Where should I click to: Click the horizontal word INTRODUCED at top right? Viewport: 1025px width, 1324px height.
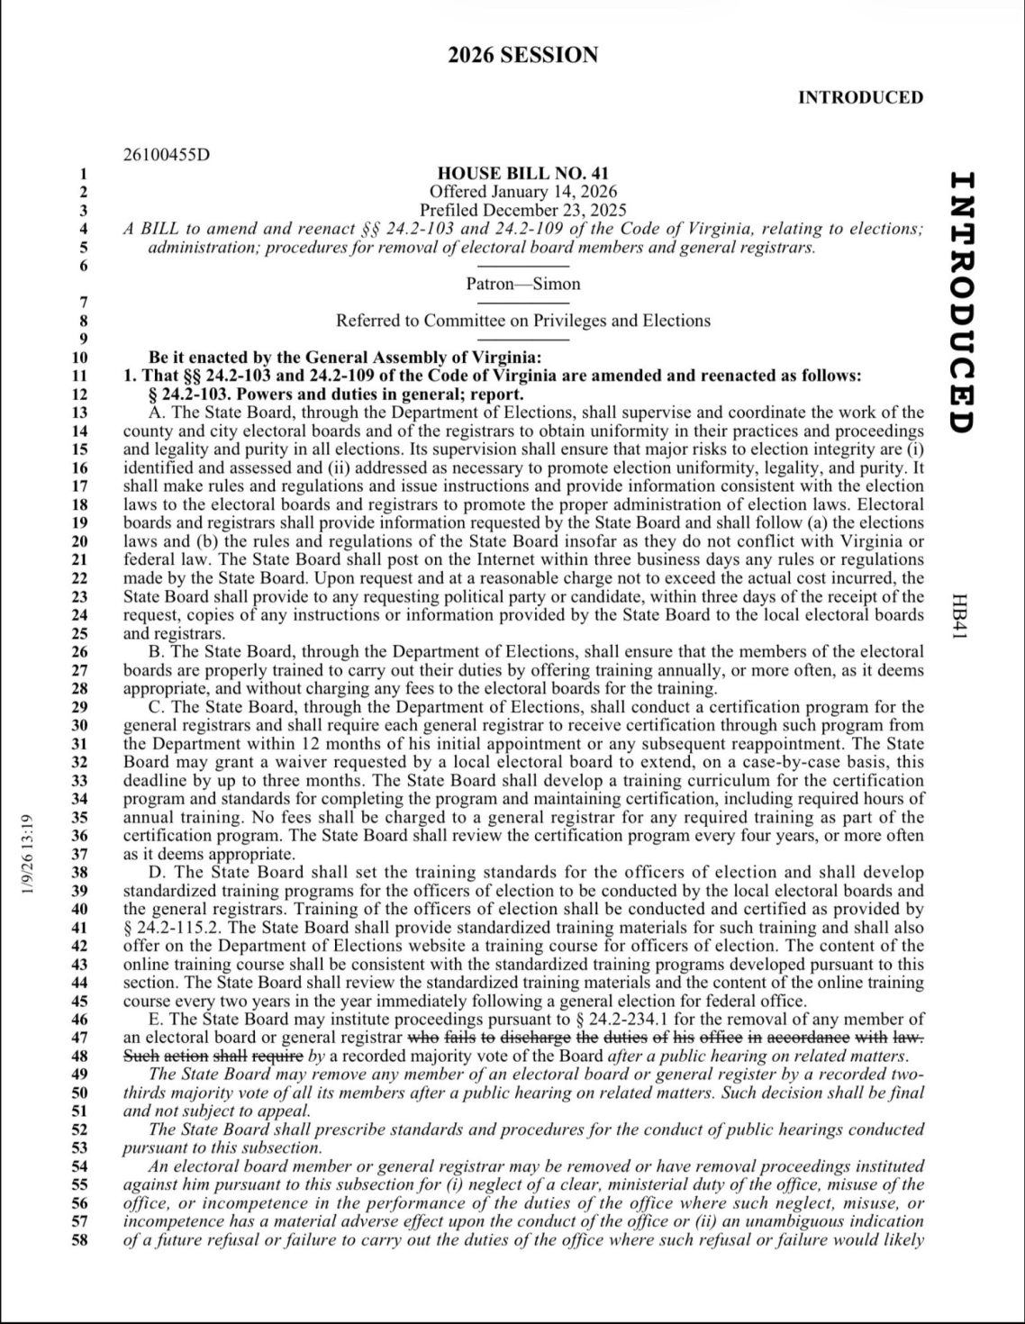click(860, 97)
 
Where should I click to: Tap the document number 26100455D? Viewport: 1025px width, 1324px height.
click(166, 154)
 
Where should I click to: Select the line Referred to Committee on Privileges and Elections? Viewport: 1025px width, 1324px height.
click(522, 321)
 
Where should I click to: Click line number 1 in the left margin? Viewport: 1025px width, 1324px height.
click(83, 173)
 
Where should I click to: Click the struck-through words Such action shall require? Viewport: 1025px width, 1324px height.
click(213, 1056)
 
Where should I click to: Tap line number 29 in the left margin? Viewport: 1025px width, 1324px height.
click(80, 707)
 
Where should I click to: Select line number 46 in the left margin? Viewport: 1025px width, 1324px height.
click(80, 1020)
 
